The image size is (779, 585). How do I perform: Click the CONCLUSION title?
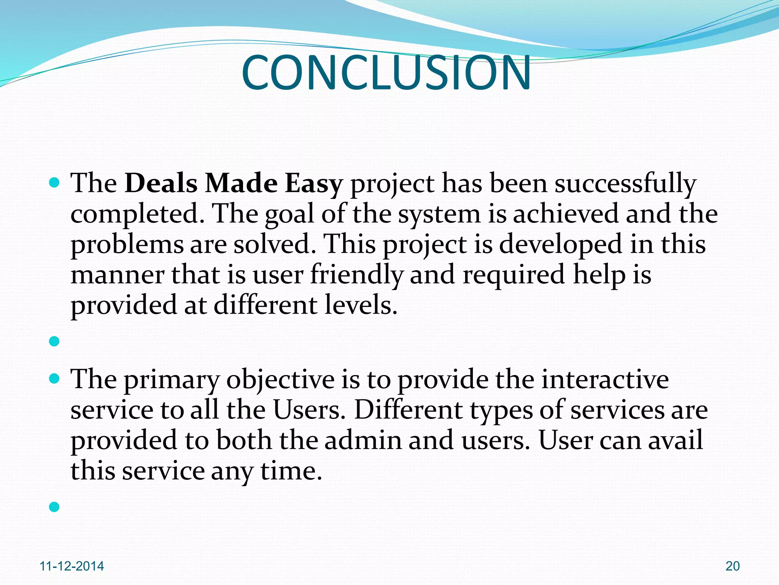point(386,72)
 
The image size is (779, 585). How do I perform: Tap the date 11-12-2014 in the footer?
point(72,566)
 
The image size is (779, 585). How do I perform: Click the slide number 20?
point(733,566)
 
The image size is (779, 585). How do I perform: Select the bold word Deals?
point(161,183)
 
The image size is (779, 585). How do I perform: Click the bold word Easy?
point(313,184)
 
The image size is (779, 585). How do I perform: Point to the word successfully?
point(625,184)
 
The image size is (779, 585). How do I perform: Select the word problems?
point(127,245)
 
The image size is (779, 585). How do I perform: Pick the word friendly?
point(356,275)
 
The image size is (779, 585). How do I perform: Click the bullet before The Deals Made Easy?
point(55,183)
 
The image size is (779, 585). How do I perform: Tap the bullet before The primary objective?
point(55,379)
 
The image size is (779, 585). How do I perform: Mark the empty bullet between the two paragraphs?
point(55,341)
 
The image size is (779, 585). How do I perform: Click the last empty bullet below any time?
point(55,507)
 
